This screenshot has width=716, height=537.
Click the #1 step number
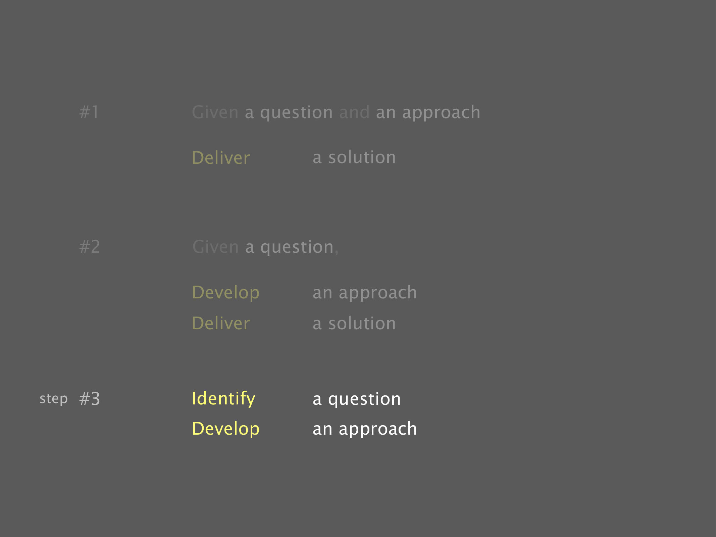89,112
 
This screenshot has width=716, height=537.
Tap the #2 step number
90,247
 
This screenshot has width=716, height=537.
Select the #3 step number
90,399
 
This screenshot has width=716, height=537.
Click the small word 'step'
54,399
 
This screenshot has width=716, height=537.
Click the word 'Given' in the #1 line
215,112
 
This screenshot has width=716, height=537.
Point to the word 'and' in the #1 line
354,112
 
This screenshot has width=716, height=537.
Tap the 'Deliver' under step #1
221,157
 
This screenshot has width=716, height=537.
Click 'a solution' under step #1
354,157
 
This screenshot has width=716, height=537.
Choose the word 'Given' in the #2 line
215,247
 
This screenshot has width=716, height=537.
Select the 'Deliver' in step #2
221,323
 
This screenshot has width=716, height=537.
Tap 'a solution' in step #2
354,323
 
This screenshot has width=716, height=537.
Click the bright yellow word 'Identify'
223,399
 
